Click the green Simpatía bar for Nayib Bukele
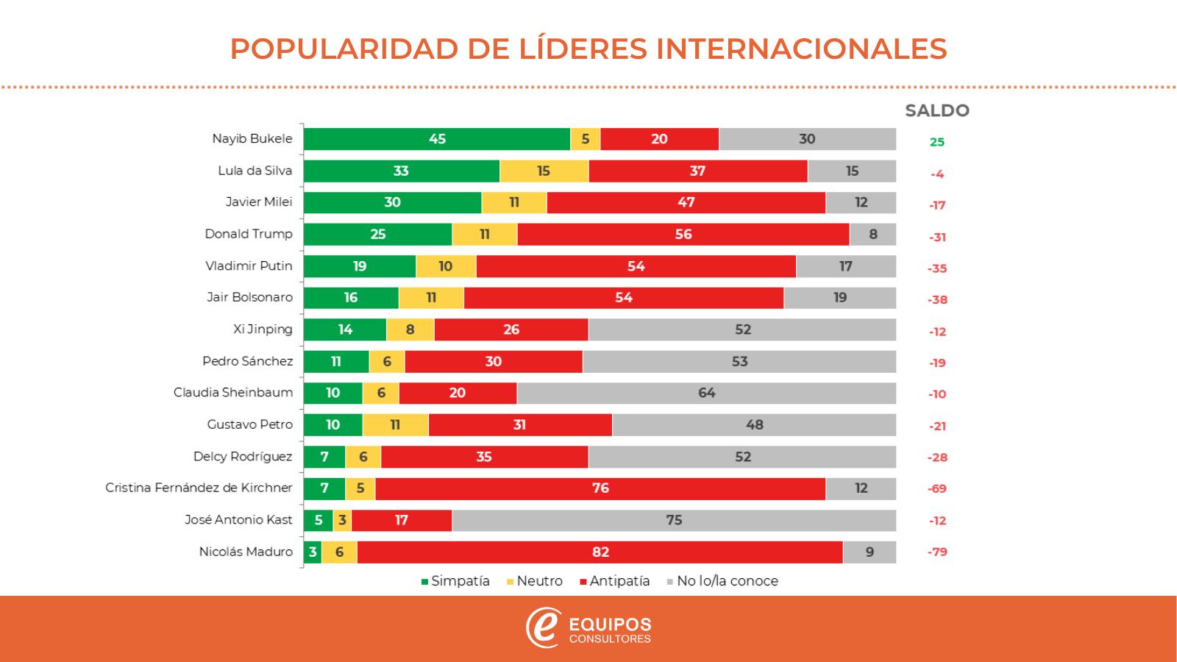437,139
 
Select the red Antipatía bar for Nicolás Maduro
600,552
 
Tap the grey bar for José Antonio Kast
674,520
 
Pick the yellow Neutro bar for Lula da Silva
544,171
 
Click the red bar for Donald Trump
683,234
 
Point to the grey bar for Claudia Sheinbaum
706,393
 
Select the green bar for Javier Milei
392,202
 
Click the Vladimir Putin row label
249,266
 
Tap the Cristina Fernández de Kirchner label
199,488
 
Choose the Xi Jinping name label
263,329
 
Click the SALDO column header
936,111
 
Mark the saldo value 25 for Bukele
936,142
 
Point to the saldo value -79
937,552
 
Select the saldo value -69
937,488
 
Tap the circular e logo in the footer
544,628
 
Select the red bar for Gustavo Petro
519,424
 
